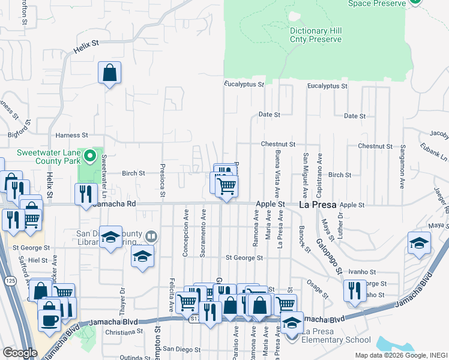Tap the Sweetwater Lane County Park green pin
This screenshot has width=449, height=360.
pyautogui.click(x=90, y=157)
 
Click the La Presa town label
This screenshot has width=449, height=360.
pyautogui.click(x=318, y=205)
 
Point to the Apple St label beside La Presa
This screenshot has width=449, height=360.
pyautogui.click(x=270, y=205)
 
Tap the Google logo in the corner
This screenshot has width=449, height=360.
pyautogui.click(x=20, y=352)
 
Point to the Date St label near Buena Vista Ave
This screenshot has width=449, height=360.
pyautogui.click(x=270, y=114)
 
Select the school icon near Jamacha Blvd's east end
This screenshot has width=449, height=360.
pyautogui.click(x=420, y=242)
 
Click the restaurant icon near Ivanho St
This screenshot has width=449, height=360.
pyautogui.click(x=355, y=290)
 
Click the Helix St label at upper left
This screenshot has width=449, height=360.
pyautogui.click(x=86, y=44)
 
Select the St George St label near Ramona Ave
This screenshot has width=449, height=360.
pyautogui.click(x=244, y=258)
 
